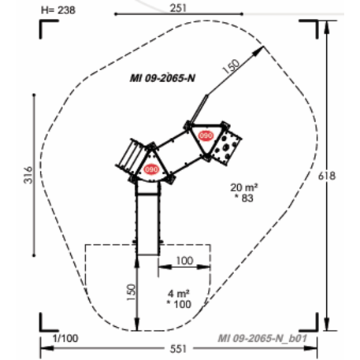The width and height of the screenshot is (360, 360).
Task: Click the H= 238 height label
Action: [58, 10]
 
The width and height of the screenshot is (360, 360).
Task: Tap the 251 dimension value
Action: [178, 8]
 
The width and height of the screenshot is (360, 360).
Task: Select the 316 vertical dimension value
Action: [28, 175]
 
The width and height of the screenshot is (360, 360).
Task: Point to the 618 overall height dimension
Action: [327, 176]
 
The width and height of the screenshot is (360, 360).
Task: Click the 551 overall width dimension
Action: [178, 349]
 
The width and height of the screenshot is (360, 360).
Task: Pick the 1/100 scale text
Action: [65, 338]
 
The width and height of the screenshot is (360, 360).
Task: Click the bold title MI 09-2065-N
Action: [162, 78]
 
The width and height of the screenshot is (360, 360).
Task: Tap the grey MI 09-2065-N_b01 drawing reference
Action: [262, 338]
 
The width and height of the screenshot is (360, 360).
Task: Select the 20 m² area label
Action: [244, 187]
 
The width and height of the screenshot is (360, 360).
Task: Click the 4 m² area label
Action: [179, 293]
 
